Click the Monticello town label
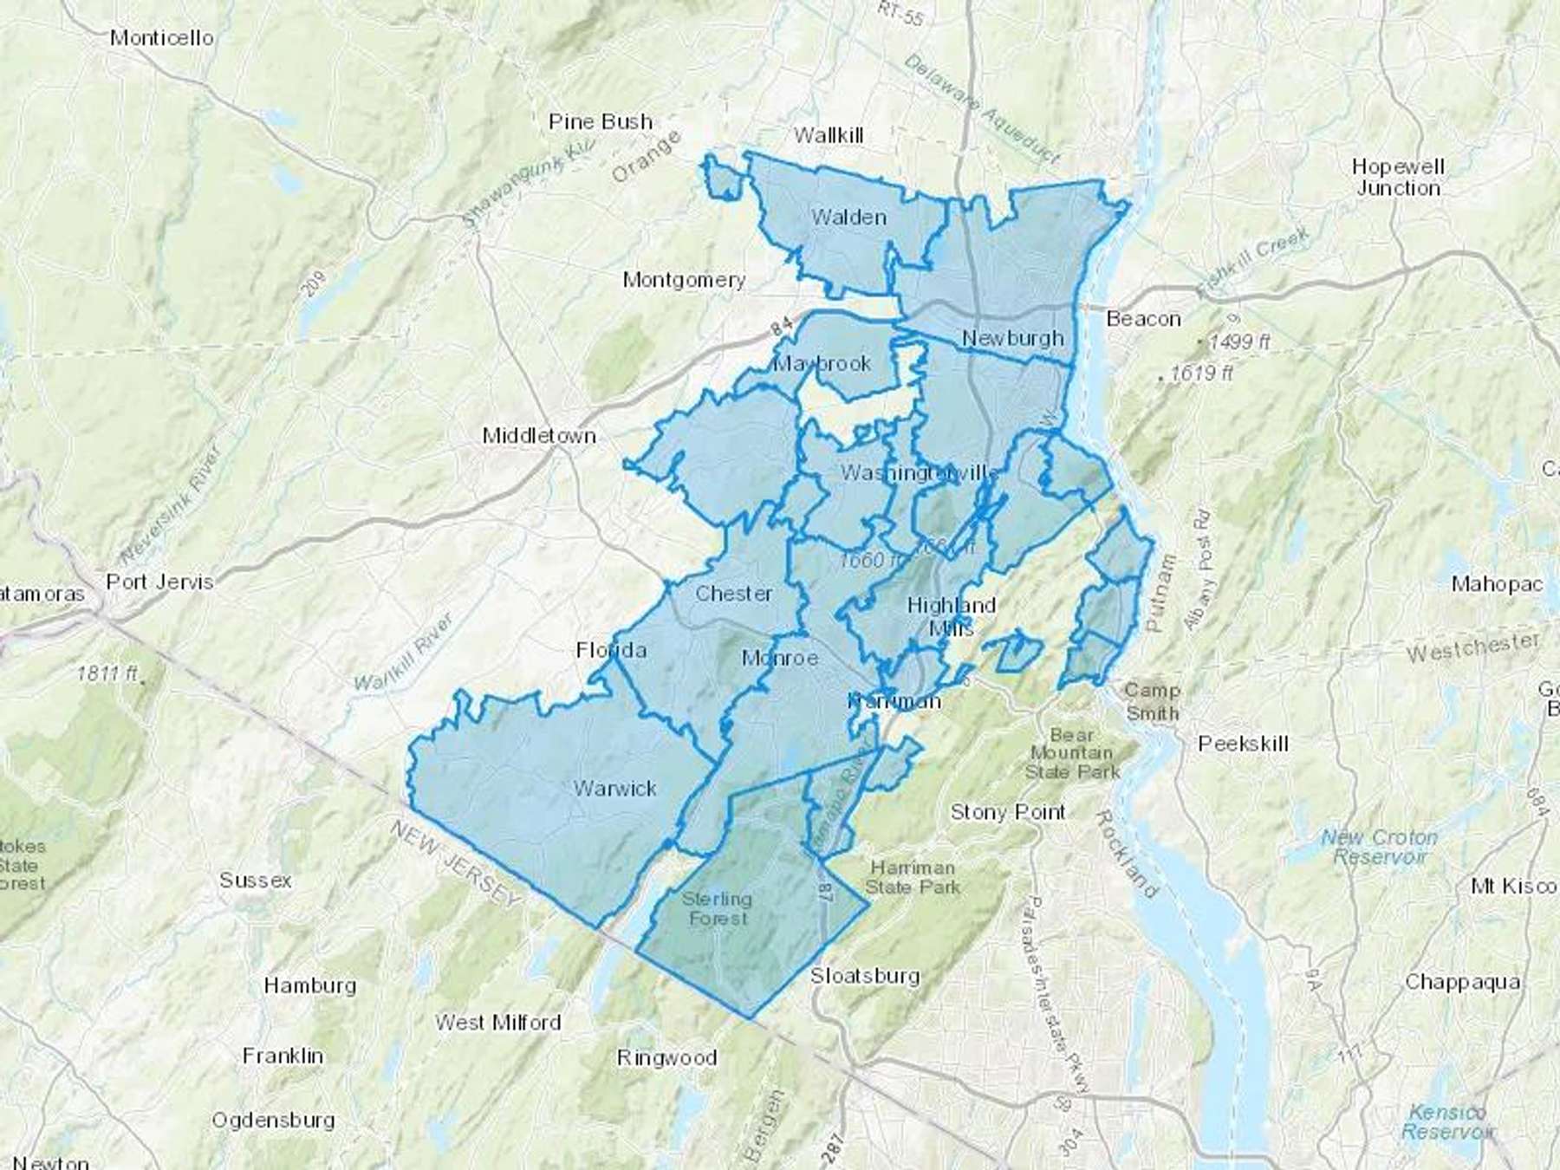(162, 37)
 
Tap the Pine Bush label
(600, 121)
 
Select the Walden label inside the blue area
(848, 217)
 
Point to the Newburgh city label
(1012, 338)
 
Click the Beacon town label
(1143, 319)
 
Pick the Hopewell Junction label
(1398, 177)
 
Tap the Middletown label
(539, 435)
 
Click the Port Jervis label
(159, 582)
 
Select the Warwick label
(614, 789)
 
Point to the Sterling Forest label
(717, 907)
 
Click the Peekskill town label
(1243, 743)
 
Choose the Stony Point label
(1007, 812)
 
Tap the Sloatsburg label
(864, 976)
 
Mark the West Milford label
(497, 1023)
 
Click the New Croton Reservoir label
(1379, 847)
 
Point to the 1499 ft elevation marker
(1238, 342)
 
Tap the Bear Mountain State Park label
(1072, 752)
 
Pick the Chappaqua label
(1461, 982)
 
